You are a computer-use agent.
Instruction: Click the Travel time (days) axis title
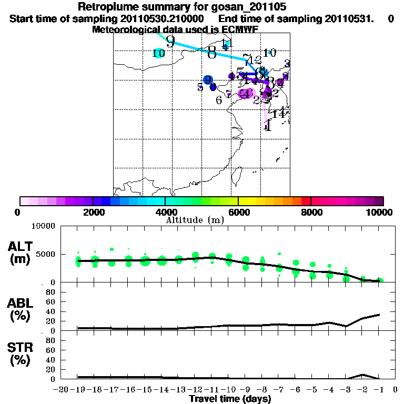click(230, 399)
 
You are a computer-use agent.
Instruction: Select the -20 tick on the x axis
click(62, 389)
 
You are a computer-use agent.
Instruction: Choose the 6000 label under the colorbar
click(238, 212)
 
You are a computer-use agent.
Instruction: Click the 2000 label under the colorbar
click(92, 212)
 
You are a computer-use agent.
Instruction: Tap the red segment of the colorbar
click(306, 201)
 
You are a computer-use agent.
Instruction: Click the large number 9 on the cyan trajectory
click(170, 41)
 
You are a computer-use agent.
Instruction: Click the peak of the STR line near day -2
click(363, 375)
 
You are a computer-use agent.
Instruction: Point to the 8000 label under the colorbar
click(311, 212)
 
